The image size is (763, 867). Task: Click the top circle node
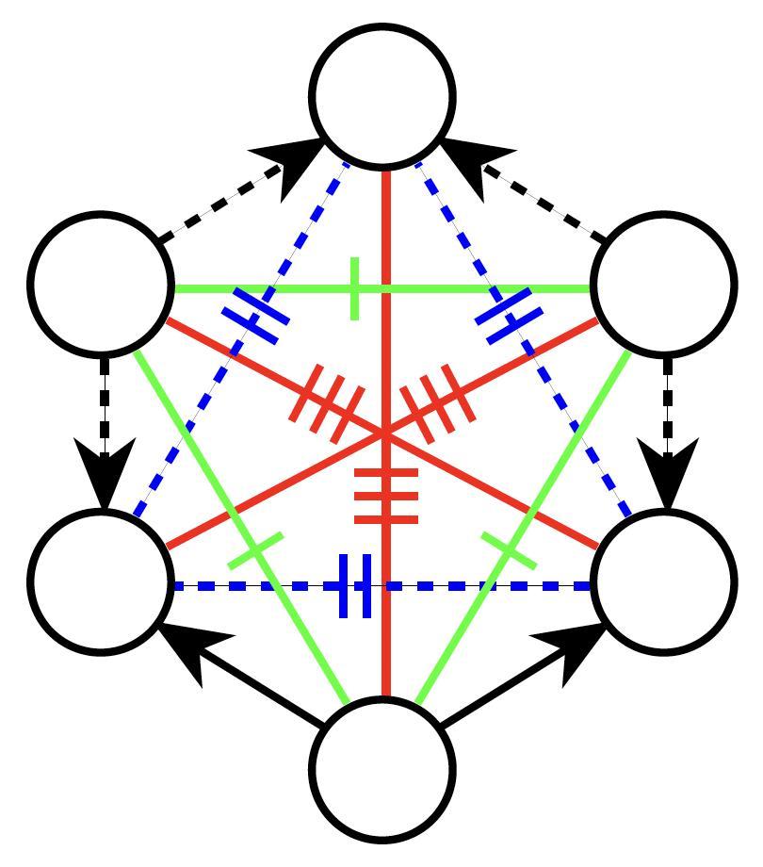383,96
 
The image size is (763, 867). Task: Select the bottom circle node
383,769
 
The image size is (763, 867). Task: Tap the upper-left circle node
102,283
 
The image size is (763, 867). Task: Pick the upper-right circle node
665,283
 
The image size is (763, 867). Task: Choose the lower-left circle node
102,581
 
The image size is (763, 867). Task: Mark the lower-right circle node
665,581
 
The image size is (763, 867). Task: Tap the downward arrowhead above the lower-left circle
104,476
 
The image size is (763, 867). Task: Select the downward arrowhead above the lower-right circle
667,476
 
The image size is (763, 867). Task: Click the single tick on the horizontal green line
354,288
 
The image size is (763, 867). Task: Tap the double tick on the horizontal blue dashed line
355,586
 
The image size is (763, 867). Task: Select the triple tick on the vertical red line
385,494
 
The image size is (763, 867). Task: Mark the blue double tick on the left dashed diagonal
255,318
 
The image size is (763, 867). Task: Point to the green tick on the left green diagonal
255,550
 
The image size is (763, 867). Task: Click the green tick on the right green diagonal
509,550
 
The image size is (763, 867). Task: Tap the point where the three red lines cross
385,433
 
